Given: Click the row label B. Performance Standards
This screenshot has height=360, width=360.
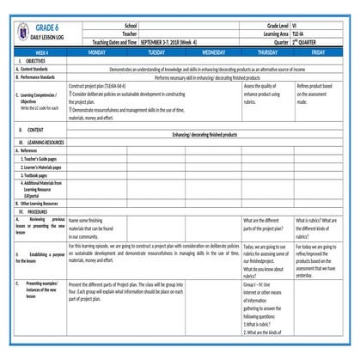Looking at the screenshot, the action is [x=40, y=76].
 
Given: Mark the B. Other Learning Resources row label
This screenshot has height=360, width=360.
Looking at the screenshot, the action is [x=38, y=203].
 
